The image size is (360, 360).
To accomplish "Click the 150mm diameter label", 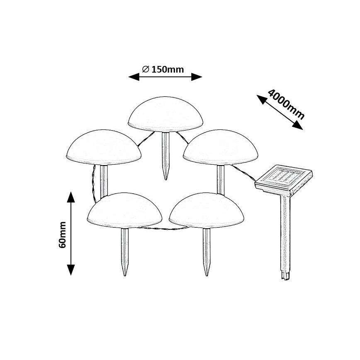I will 163,69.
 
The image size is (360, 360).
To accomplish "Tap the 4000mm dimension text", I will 286,104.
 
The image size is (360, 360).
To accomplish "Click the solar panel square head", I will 283,179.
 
